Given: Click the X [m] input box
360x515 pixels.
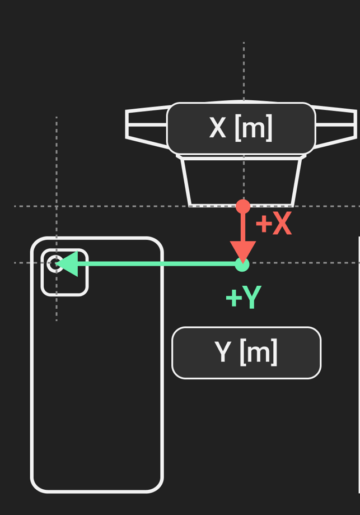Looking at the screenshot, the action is click(241, 128).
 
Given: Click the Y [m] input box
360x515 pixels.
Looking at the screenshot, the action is click(246, 352).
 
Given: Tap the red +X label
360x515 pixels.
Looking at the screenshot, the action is click(274, 224).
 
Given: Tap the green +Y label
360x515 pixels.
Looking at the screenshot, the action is click(244, 297).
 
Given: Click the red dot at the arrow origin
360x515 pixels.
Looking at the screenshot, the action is click(243, 206).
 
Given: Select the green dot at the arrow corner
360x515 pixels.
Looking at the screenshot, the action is click(242, 265).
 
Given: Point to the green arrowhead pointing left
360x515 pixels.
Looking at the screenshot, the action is click(67, 264).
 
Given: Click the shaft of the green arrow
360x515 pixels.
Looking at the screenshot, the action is click(157, 264).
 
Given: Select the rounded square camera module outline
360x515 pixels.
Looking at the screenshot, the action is click(64, 249).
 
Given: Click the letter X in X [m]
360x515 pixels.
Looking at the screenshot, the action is click(217, 127).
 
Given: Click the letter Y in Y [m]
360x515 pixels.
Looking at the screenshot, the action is click(222, 352).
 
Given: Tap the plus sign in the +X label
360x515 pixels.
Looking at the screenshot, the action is click(264, 224).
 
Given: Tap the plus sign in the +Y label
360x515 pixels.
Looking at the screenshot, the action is click(233, 298).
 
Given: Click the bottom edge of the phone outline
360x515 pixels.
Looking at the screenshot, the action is click(97, 491).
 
